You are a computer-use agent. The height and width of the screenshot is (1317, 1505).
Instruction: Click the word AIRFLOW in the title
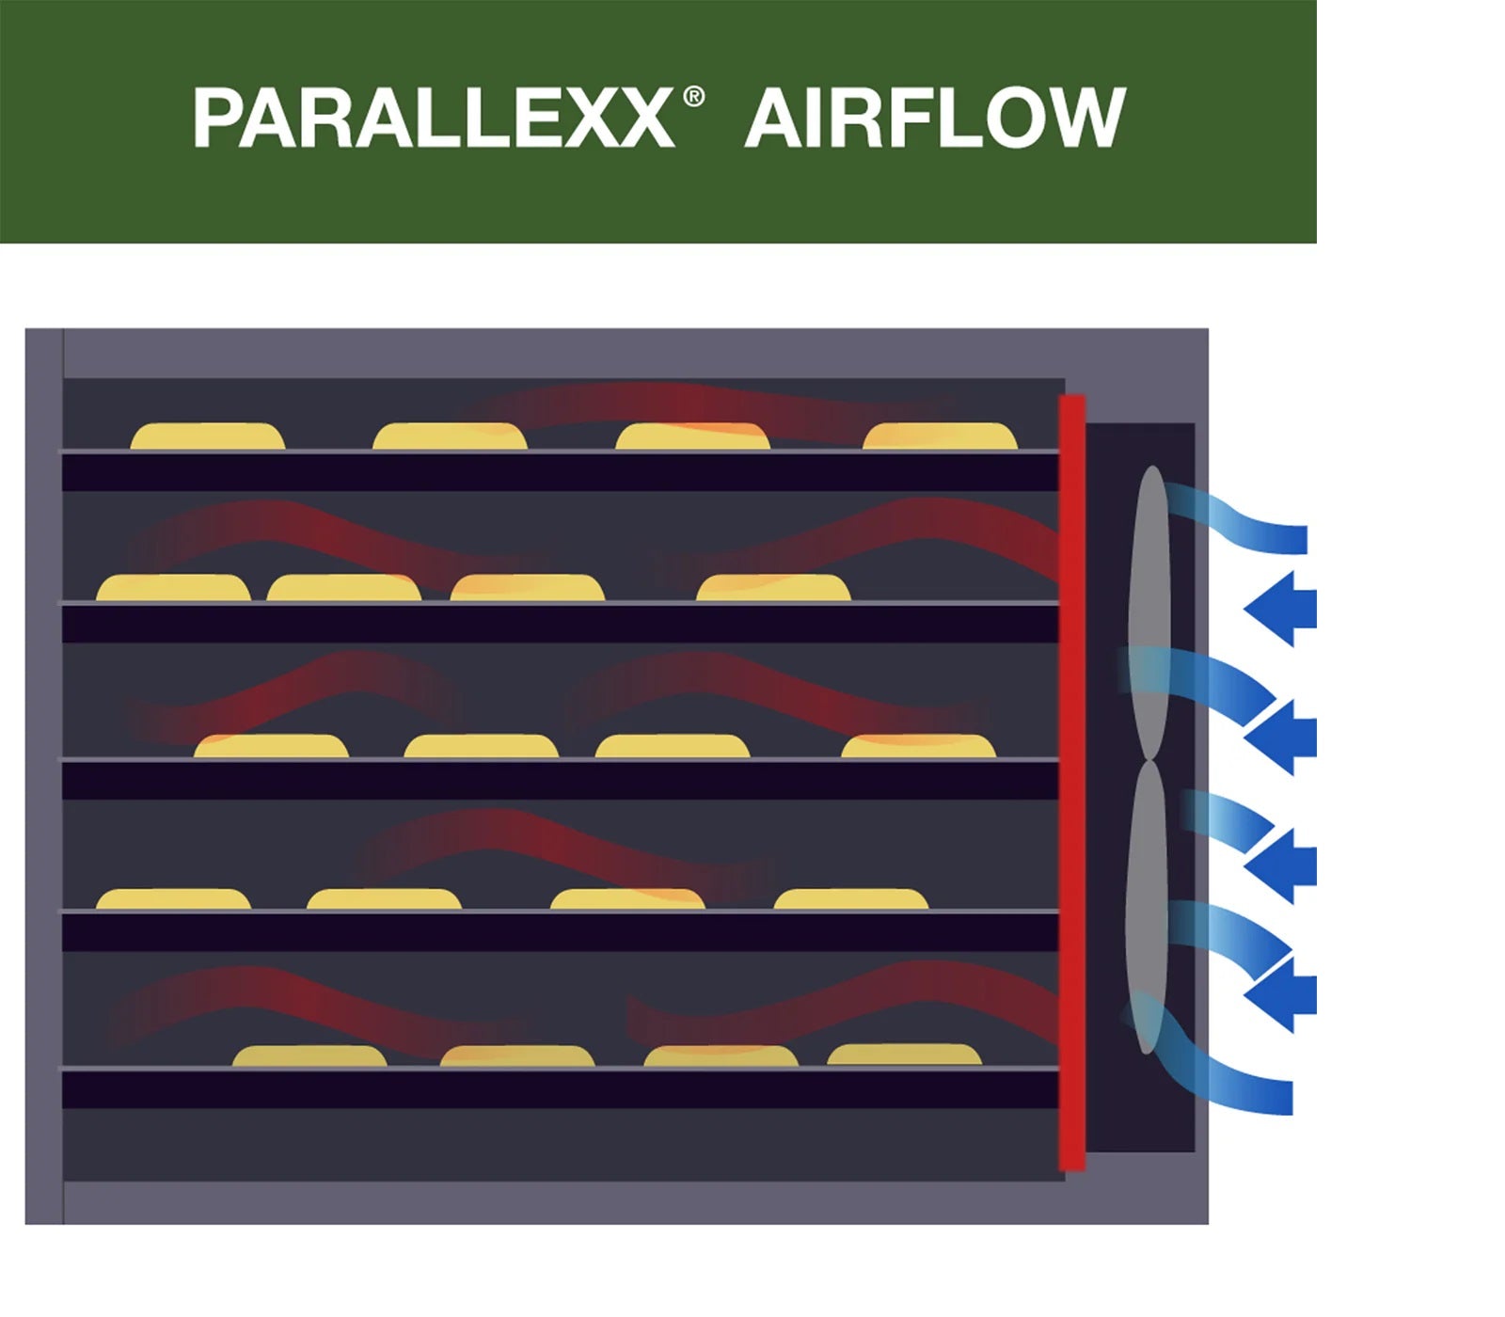coord(934,119)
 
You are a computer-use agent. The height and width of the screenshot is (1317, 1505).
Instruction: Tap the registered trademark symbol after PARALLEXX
coord(693,97)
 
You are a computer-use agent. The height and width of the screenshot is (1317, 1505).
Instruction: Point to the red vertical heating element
coord(1072,781)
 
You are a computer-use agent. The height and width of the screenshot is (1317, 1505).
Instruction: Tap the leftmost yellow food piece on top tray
coord(207,436)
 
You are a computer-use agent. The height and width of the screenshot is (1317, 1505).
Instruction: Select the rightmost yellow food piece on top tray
coord(940,436)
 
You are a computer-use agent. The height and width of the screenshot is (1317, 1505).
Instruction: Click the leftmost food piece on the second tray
coord(173,588)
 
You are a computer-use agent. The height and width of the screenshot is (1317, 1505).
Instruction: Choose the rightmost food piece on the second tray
coord(773,588)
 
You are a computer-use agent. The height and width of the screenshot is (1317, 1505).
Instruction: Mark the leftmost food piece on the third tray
coord(271,747)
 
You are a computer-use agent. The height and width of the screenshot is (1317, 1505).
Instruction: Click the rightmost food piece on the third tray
coord(918,747)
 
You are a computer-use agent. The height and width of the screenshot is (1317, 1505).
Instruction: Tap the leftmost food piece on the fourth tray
coord(173,899)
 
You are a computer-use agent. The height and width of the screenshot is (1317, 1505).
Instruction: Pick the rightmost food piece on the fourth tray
coord(850,899)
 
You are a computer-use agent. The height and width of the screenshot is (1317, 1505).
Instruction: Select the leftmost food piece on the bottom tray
coord(309,1056)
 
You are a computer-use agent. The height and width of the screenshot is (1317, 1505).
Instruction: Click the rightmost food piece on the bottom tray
coord(904,1055)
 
